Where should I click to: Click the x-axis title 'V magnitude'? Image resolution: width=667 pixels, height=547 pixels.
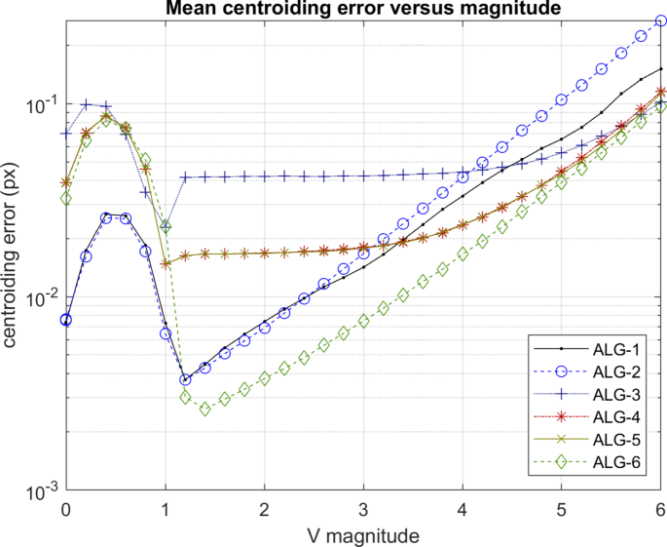click(x=363, y=534)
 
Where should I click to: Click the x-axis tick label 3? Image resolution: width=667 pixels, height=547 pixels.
click(x=363, y=510)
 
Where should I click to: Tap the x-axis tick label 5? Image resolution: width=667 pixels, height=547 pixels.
click(x=562, y=510)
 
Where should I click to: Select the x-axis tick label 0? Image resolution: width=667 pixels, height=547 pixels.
click(x=65, y=510)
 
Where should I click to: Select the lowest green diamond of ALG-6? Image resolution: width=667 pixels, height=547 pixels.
click(x=205, y=410)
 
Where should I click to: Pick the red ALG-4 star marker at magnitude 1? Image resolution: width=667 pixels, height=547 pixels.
click(x=166, y=263)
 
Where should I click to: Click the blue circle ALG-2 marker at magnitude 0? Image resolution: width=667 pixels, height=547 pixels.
click(x=65, y=319)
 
